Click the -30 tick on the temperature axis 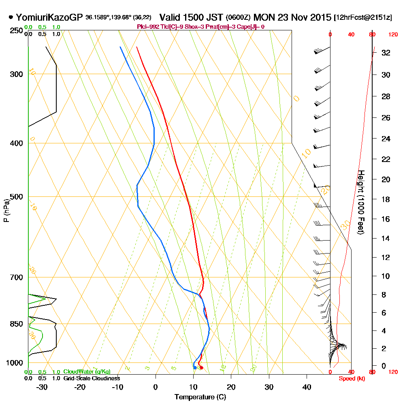42,387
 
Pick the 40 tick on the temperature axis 307,387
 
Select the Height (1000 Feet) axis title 360,202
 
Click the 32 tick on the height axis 386,53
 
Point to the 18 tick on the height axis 386,199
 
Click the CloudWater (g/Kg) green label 87,372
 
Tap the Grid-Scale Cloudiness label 91,378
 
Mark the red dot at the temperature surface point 201,368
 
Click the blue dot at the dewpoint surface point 195,368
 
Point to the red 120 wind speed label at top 392,35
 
